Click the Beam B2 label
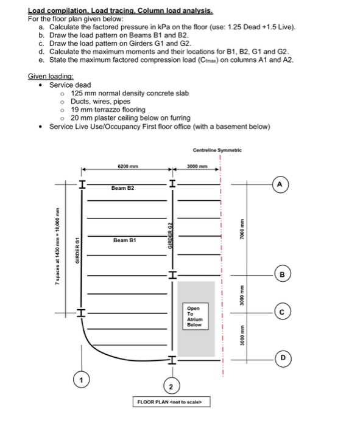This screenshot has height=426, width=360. [x=122, y=189]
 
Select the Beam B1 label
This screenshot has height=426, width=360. [x=124, y=241]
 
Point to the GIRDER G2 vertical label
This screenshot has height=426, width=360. [x=171, y=235]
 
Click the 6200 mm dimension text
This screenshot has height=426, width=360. [x=127, y=164]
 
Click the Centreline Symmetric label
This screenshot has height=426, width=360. [x=217, y=150]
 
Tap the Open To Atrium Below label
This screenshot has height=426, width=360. [x=194, y=316]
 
